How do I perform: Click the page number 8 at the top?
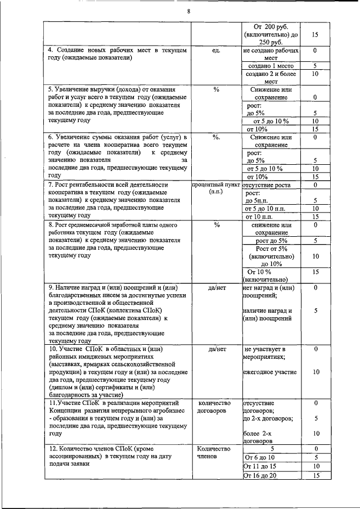click(x=188, y=12)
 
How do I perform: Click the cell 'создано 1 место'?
click(x=270, y=66)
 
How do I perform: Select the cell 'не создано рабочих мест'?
click(x=270, y=54)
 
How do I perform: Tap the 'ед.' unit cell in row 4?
click(x=216, y=51)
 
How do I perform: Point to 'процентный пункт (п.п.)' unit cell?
click(x=216, y=188)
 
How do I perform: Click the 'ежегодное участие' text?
click(x=269, y=372)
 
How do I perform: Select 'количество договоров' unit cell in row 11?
click(x=216, y=407)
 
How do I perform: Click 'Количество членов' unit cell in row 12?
click(x=216, y=453)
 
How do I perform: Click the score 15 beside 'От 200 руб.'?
click(x=315, y=34)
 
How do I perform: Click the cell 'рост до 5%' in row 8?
click(x=271, y=241)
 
